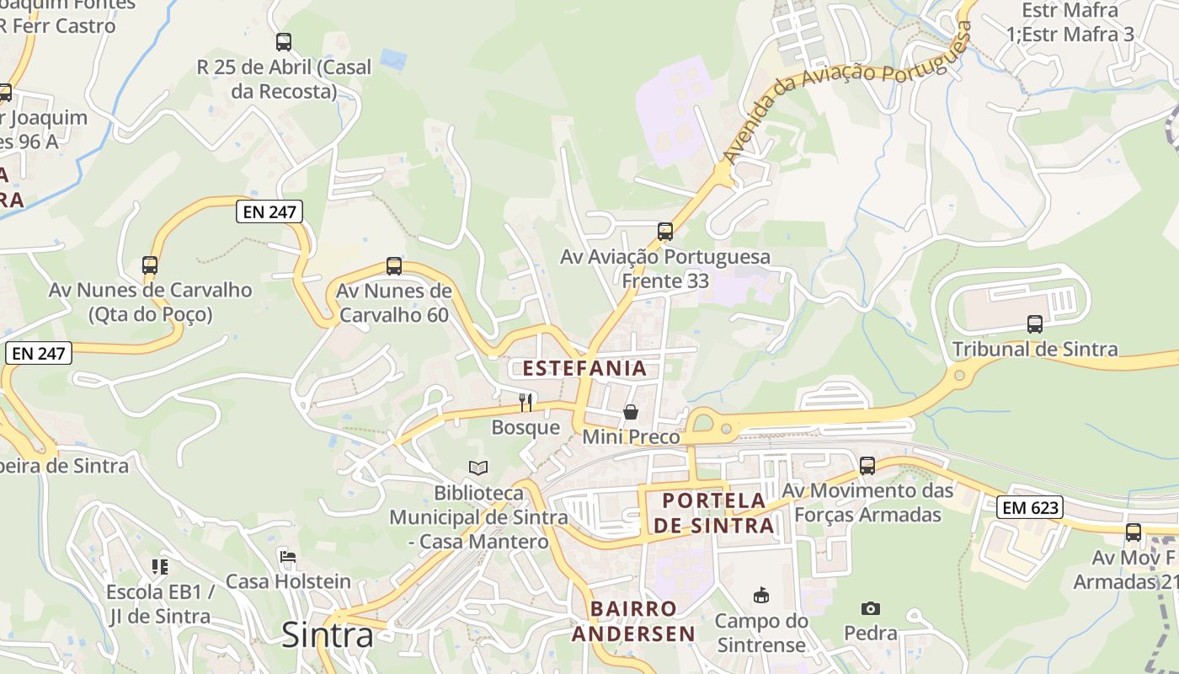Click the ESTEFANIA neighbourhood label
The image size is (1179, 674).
click(x=584, y=368)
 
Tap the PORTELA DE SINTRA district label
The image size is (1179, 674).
click(x=714, y=513)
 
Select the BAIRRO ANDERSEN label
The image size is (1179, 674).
click(x=633, y=621)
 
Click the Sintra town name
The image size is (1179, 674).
click(x=327, y=634)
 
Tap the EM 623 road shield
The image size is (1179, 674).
click(x=1030, y=507)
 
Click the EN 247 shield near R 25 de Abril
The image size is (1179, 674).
click(x=269, y=211)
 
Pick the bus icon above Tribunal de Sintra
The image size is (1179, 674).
click(x=1035, y=324)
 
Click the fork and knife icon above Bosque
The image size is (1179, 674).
click(x=525, y=402)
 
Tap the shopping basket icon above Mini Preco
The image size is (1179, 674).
click(x=631, y=412)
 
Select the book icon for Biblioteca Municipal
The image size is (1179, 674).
click(x=478, y=468)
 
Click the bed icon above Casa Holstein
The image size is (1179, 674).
click(x=288, y=557)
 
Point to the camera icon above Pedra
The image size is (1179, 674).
click(x=871, y=608)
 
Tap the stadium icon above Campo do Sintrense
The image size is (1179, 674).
click(x=761, y=596)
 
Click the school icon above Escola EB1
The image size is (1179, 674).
click(x=160, y=567)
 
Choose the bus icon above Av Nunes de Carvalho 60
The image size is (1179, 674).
click(x=393, y=266)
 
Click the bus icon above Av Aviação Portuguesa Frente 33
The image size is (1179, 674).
click(x=665, y=231)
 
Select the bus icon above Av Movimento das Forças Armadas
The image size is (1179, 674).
click(x=867, y=466)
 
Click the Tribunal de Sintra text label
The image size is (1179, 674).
click(x=1035, y=349)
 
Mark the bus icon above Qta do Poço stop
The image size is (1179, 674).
click(x=150, y=265)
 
